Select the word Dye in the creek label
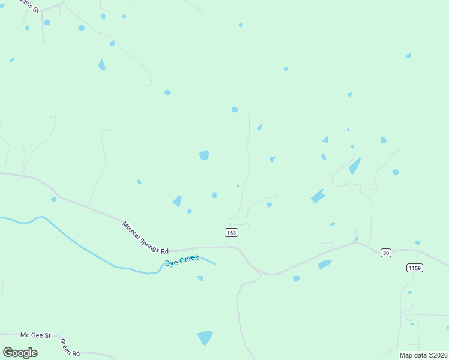(x=172, y=263)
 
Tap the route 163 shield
(x=231, y=232)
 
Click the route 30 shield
(x=386, y=253)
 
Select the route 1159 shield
(x=414, y=267)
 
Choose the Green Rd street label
(x=70, y=347)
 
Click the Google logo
(x=20, y=353)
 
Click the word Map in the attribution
(x=406, y=355)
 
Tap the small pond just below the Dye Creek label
(x=200, y=278)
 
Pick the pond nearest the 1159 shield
(x=417, y=243)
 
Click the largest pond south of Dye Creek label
(x=205, y=338)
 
